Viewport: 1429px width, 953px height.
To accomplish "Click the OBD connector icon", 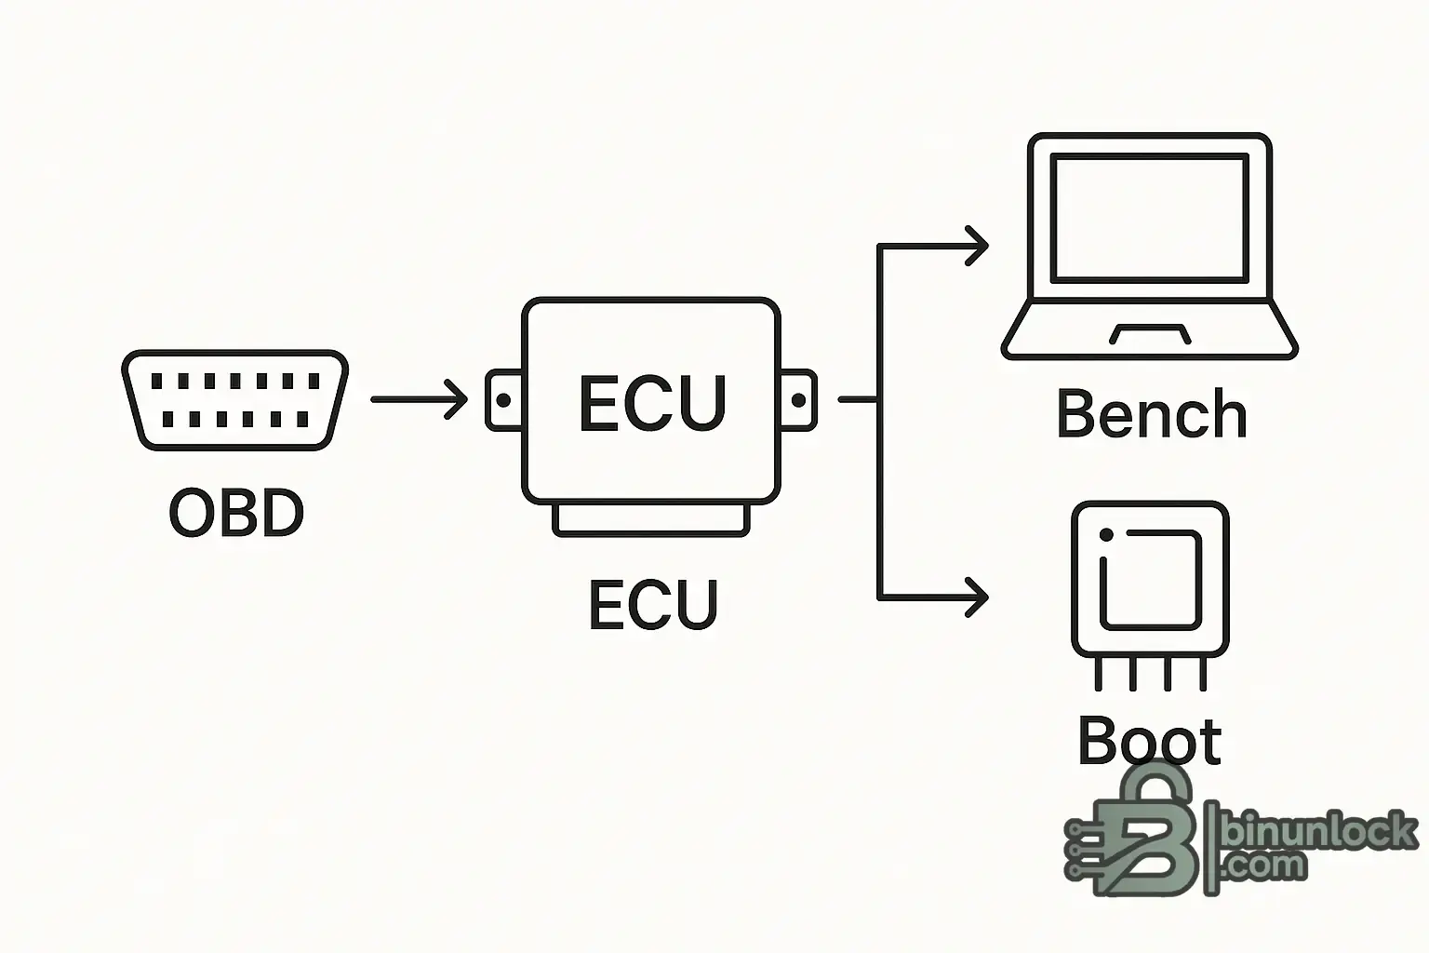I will click(x=234, y=400).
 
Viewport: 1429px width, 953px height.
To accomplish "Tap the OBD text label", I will click(x=236, y=513).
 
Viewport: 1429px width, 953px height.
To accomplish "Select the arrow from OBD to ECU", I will click(x=419, y=400).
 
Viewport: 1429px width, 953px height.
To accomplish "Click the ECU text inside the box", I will click(x=651, y=404).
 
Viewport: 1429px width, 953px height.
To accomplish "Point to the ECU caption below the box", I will click(x=653, y=604).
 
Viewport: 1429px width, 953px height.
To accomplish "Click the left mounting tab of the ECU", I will click(x=503, y=401).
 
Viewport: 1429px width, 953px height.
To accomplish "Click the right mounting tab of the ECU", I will click(x=798, y=401).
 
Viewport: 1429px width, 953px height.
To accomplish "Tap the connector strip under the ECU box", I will click(x=651, y=520).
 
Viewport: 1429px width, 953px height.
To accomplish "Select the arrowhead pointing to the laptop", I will click(x=977, y=247).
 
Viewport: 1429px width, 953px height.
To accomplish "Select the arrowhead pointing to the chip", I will click(x=977, y=597).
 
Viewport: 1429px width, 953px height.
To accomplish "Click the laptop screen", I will click(x=1149, y=219).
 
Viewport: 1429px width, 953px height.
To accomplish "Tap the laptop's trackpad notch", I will click(x=1150, y=334).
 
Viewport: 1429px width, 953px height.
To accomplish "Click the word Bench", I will click(x=1152, y=415).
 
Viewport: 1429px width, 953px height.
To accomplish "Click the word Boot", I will click(x=1150, y=741).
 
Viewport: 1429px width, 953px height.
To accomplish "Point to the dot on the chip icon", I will click(x=1106, y=535).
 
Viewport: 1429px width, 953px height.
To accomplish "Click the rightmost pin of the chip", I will click(x=1203, y=674).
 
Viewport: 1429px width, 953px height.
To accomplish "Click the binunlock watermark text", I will click(x=1321, y=831).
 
